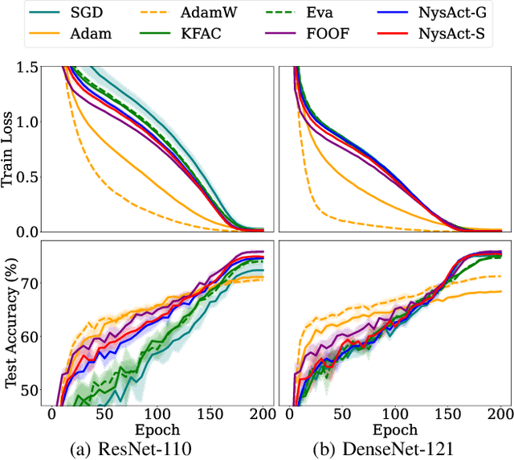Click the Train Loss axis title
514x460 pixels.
click(x=11, y=149)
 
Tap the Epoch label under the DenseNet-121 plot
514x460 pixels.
click(x=394, y=429)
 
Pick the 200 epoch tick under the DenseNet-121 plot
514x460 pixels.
click(x=499, y=416)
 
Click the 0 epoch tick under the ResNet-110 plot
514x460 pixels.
click(x=52, y=416)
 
